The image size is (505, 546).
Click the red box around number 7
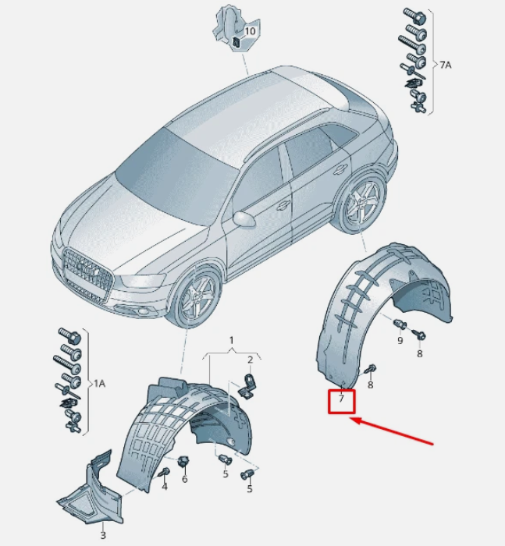point(329,402)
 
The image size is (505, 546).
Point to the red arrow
point(391,432)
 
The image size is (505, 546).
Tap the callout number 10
point(250,31)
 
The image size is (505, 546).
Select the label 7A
point(445,65)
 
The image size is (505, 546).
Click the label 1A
point(99,384)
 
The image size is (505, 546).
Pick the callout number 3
point(103,534)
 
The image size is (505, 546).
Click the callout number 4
point(165,486)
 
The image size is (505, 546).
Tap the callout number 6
point(184,479)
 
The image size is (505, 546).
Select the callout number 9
point(400,340)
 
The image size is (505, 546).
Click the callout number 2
point(250,360)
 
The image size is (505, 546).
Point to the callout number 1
point(231,340)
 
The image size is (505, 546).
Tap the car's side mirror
point(244,219)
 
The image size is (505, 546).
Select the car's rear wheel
point(362,205)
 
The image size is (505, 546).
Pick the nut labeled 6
point(183,462)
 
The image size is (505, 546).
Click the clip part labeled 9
point(400,324)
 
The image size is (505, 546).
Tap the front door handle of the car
point(283,205)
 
